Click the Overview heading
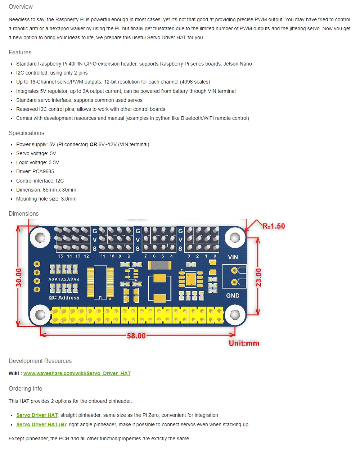21,6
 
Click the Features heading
20,52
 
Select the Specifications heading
26,133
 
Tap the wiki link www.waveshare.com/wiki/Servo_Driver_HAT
77,373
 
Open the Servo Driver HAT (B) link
41,424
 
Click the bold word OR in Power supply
93,144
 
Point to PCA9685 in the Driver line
43,171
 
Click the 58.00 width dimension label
136,336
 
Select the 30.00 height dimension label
19,278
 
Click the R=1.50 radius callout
273,226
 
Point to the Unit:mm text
244,343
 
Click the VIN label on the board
233,257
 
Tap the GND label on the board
233,296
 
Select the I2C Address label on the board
64,298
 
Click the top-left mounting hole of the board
40,237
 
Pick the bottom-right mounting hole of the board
235,315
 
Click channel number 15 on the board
60,256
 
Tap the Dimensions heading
23,213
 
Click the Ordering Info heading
25,388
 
